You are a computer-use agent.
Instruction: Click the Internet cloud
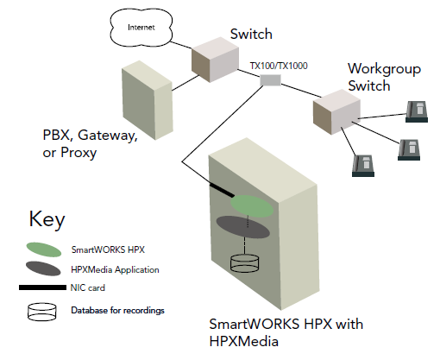(141, 28)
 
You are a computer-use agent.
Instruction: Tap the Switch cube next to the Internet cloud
(215, 60)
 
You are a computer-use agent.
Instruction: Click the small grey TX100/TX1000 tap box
(270, 80)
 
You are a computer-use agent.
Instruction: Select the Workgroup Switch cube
(336, 112)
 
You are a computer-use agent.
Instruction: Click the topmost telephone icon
(417, 112)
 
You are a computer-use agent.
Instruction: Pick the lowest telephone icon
(363, 166)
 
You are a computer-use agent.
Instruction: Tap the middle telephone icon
(409, 149)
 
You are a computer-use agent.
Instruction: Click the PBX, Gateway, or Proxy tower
(148, 100)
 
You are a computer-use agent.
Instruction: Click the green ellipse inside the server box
(252, 206)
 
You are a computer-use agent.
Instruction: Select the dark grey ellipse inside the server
(243, 227)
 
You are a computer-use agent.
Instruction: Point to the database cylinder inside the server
(244, 263)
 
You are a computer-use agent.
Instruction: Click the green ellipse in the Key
(44, 249)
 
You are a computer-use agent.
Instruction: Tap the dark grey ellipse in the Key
(43, 268)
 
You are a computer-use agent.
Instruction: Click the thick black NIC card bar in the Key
(42, 287)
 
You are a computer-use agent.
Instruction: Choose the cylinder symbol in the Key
(42, 312)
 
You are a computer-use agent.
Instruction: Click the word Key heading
(47, 220)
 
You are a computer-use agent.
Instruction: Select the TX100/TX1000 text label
(279, 66)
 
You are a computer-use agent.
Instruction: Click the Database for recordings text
(117, 310)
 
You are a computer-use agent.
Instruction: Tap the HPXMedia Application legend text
(115, 269)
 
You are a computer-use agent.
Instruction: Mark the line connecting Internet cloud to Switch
(181, 45)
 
